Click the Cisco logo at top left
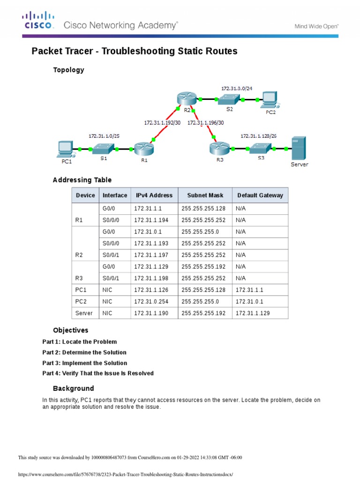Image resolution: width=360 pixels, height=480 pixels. pyautogui.click(x=38, y=21)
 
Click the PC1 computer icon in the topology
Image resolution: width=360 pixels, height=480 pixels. pyautogui.click(x=64, y=149)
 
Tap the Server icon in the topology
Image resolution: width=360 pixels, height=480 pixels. pyautogui.click(x=299, y=149)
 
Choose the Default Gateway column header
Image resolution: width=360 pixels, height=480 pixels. pyautogui.click(x=260, y=195)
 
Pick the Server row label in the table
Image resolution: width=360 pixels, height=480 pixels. pyautogui.click(x=84, y=313)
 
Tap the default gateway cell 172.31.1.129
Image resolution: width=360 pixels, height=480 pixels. pyautogui.click(x=253, y=313)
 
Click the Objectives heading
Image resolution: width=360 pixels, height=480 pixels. pyautogui.click(x=70, y=330)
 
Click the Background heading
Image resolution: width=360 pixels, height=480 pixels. pyautogui.click(x=73, y=389)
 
